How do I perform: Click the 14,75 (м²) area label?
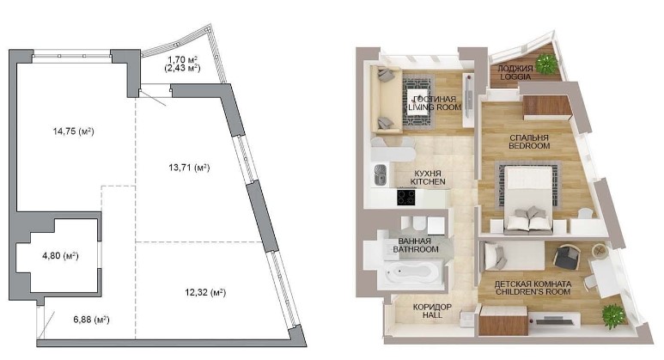(x=73, y=131)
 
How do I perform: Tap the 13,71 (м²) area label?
(x=189, y=168)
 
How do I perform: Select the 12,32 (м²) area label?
(x=205, y=292)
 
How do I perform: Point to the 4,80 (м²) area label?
(x=60, y=256)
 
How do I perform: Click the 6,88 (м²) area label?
(x=91, y=320)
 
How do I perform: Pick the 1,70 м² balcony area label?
(x=183, y=60)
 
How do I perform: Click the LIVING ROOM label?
(x=435, y=107)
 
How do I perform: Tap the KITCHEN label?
(x=428, y=181)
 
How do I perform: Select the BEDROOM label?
(x=529, y=146)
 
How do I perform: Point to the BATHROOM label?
(x=416, y=249)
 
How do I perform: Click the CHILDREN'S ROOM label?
(x=533, y=292)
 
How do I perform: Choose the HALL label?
(x=432, y=315)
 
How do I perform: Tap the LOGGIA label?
(x=515, y=76)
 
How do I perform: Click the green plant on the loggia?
(x=545, y=64)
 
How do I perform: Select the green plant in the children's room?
(x=612, y=316)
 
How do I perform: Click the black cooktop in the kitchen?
(x=406, y=198)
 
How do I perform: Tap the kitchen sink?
(x=380, y=175)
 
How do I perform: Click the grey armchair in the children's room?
(x=567, y=257)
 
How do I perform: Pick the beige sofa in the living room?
(x=387, y=100)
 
